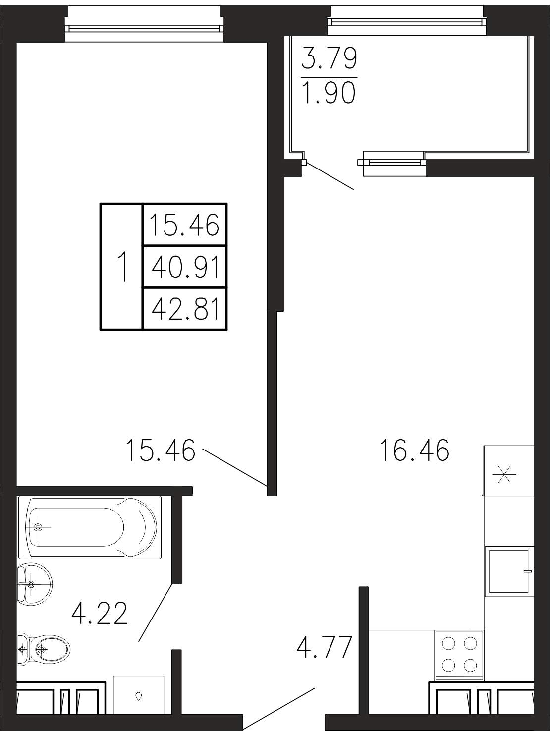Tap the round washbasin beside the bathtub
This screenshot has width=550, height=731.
coord(35,585)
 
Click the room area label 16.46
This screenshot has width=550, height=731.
coord(415,450)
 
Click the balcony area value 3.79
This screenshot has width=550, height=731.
coord(330,58)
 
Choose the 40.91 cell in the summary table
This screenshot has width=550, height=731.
coord(185,268)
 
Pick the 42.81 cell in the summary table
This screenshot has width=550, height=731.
coord(185,309)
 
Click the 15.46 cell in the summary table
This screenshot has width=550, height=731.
coord(185,225)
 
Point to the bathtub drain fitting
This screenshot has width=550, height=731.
coord(38,527)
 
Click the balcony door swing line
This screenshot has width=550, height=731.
coord(330,176)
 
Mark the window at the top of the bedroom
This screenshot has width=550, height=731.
coord(144,29)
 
